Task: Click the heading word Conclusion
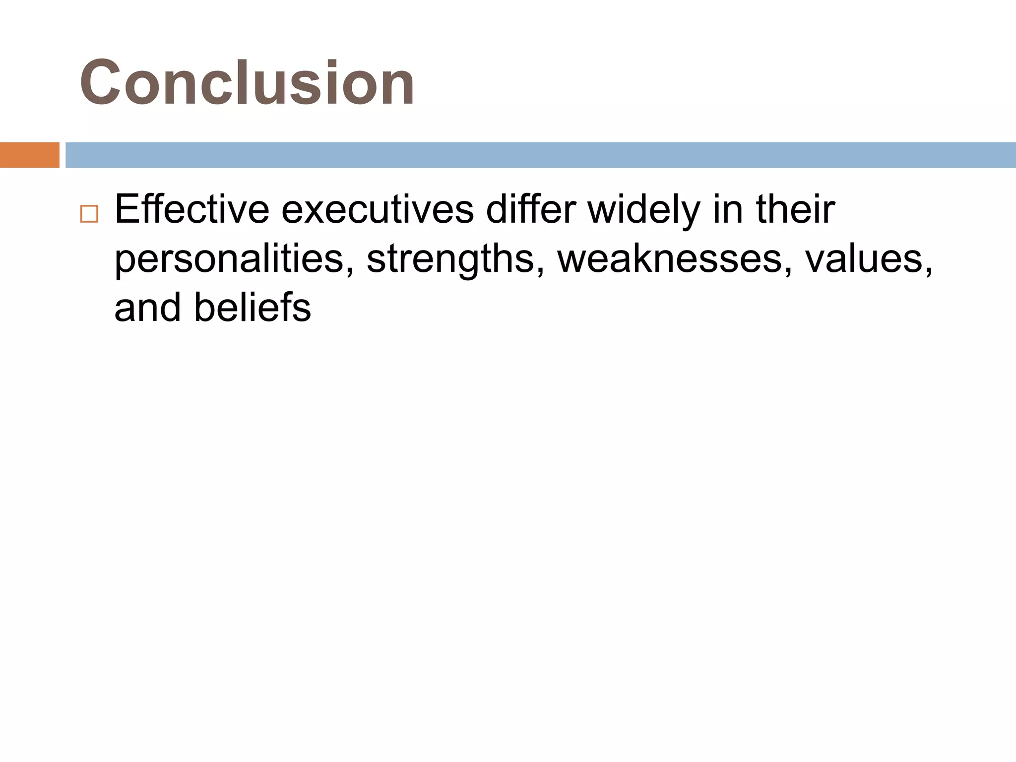(x=247, y=83)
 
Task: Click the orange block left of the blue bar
(x=29, y=155)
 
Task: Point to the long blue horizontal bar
(x=540, y=155)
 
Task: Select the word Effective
(x=192, y=210)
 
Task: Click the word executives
(x=378, y=210)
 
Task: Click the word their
(x=796, y=210)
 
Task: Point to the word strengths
(x=450, y=259)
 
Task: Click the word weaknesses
(x=669, y=258)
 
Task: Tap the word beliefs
(x=253, y=308)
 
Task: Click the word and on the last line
(x=147, y=308)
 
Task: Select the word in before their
(x=729, y=210)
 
